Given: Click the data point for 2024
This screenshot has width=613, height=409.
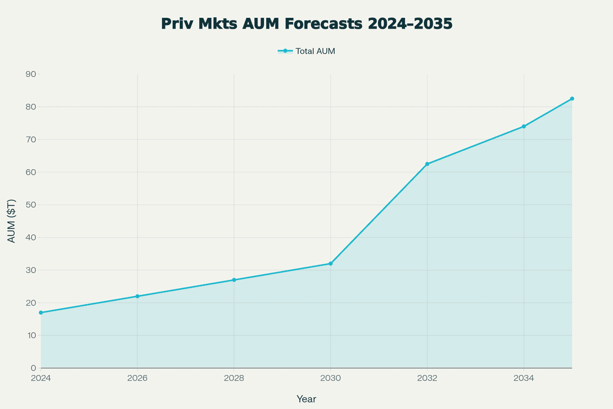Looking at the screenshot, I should pos(41,312).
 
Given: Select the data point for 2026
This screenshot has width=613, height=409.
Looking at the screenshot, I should pos(137,296).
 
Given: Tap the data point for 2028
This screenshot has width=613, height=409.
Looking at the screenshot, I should pos(234,280).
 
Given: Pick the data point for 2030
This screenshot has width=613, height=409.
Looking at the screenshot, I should pos(331,263).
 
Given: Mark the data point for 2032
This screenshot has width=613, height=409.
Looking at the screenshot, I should pos(427,164).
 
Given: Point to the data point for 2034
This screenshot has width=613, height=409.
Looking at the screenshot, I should pos(524,126).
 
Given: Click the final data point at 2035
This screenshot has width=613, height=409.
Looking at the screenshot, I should pos(572,99).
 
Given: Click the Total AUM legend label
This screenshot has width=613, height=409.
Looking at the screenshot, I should pos(315,51).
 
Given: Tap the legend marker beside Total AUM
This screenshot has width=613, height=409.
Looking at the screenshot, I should pos(285,51).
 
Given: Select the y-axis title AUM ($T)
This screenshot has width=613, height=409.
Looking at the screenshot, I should pos(12,221).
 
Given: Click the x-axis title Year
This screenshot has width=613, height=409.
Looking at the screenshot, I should pos(306,399).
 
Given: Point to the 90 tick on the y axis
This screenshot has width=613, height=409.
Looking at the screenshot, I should pos(31,74).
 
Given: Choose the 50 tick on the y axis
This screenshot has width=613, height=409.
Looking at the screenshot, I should pos(31,204).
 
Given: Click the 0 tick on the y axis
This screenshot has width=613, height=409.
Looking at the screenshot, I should pos(33,368).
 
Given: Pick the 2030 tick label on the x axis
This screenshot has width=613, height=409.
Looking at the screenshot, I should pos(331,378).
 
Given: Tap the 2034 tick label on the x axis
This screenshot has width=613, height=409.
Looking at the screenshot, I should pos(524,378).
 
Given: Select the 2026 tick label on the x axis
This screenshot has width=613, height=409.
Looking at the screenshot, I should pos(137,378).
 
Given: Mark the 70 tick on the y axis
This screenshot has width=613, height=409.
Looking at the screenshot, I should pos(31,140).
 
